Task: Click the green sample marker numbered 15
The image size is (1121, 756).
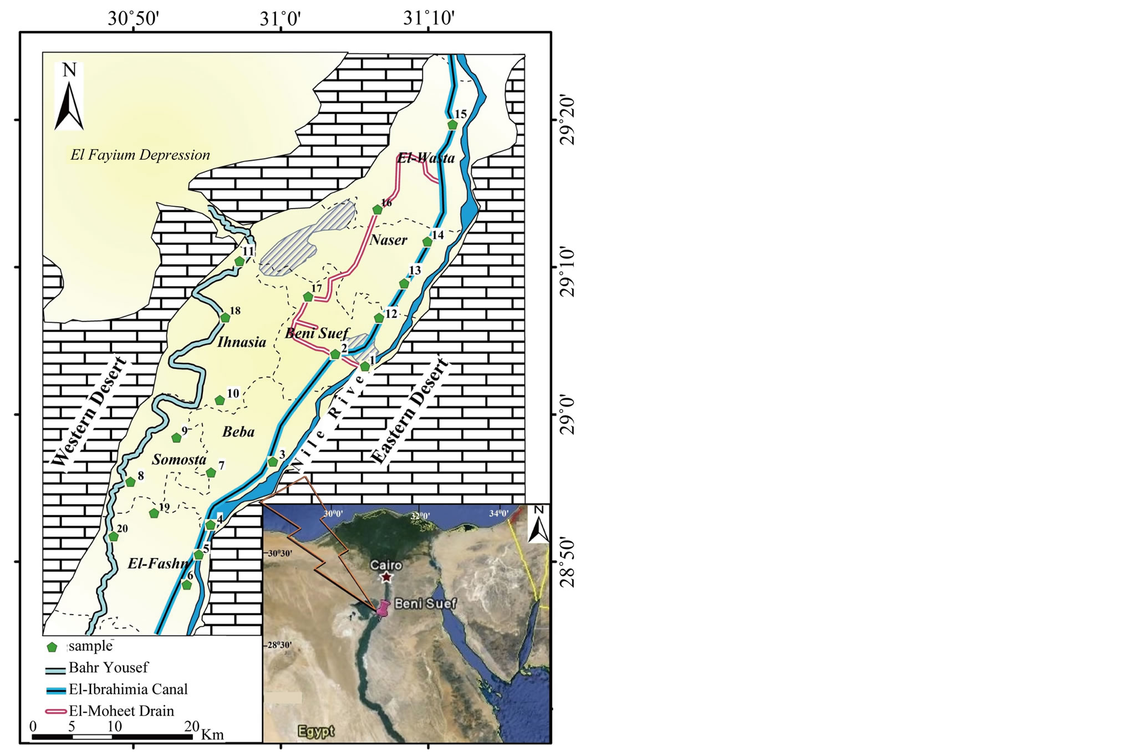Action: [x=452, y=125]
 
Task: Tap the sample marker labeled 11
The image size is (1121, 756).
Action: [x=240, y=261]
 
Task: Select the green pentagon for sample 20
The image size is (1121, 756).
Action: [x=114, y=536]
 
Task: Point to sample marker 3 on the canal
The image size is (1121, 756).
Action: [x=273, y=462]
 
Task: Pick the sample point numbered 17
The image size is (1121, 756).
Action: [x=308, y=297]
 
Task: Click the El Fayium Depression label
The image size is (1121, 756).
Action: [x=140, y=155]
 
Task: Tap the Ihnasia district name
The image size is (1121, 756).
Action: [x=241, y=342]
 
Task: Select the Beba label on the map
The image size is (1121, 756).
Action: [x=238, y=432]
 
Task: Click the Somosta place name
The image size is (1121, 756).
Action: [x=179, y=459]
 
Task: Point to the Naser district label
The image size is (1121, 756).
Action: [x=389, y=240]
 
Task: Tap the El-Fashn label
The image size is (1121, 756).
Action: [x=158, y=564]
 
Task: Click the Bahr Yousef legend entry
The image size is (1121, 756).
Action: [x=108, y=667]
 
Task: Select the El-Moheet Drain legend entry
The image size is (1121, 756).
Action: [x=121, y=711]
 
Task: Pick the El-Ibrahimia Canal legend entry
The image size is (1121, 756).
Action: [x=128, y=689]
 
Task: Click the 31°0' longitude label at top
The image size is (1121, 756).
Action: [x=281, y=19]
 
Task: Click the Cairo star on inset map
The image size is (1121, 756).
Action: [x=386, y=577]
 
